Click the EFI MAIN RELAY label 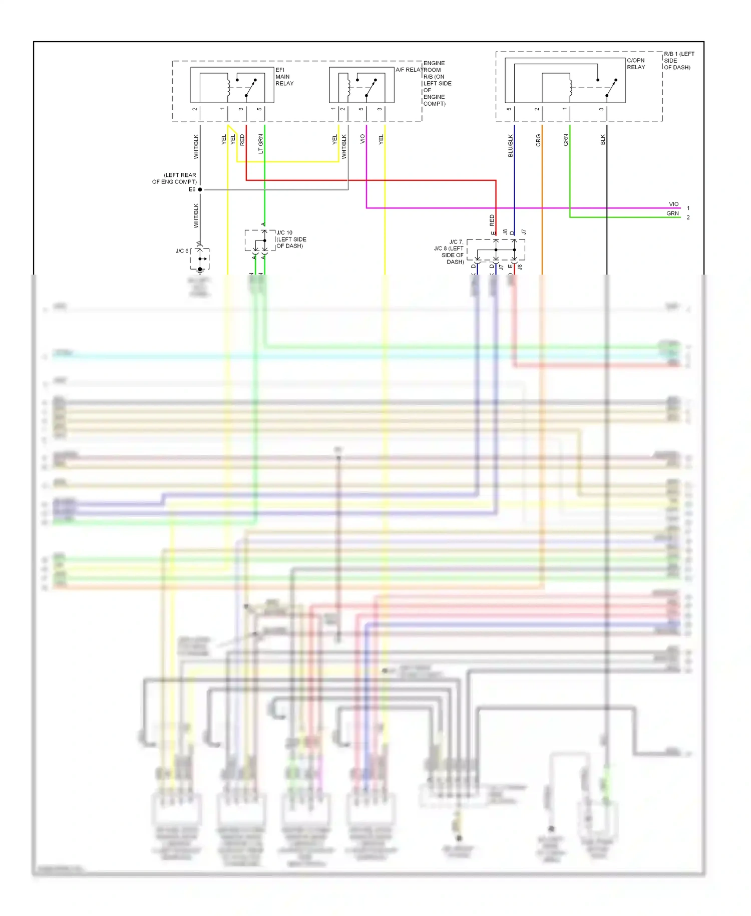click(x=284, y=77)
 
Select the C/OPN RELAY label click(x=636, y=64)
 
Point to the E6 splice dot click(x=200, y=189)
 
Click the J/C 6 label click(x=182, y=251)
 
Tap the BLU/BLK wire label click(x=510, y=146)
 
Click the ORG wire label click(x=538, y=140)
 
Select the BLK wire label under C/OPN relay click(x=603, y=140)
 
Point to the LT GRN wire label click(x=260, y=144)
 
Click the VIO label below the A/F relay click(x=362, y=139)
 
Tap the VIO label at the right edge click(x=673, y=204)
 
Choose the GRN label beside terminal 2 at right click(x=672, y=213)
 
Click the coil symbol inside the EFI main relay click(x=228, y=88)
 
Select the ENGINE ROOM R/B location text click(x=437, y=83)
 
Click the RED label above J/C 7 click(x=492, y=220)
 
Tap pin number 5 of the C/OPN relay click(x=509, y=109)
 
